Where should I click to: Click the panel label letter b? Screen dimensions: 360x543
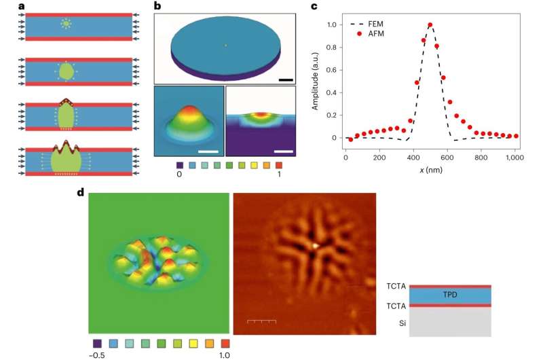(157, 7)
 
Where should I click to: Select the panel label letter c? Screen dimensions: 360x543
(314, 7)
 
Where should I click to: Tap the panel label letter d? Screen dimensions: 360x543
(80, 192)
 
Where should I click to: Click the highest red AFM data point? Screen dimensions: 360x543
(430, 25)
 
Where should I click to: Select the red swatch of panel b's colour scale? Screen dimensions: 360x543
(280, 163)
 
